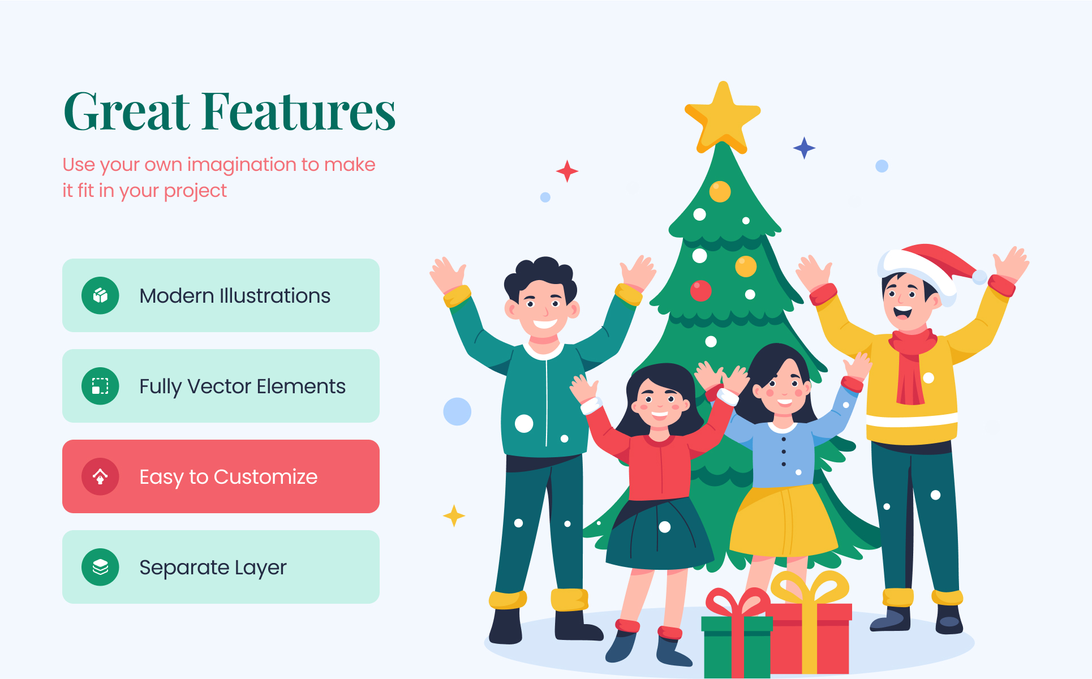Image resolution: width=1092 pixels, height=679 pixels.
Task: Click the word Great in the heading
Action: (x=127, y=111)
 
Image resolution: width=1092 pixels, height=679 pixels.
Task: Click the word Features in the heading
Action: (x=299, y=111)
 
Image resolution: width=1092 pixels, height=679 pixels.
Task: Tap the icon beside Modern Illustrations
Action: (x=100, y=295)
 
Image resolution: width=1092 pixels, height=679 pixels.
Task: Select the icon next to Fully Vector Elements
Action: (x=100, y=386)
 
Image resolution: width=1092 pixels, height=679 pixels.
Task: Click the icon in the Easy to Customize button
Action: (x=100, y=476)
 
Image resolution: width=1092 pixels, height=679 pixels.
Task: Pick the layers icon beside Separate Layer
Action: (x=100, y=567)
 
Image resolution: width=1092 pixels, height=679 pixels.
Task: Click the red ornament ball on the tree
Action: (x=700, y=291)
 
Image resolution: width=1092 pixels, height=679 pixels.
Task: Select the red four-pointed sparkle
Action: (x=567, y=171)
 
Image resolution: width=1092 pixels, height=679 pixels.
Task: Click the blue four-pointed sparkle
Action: (x=804, y=148)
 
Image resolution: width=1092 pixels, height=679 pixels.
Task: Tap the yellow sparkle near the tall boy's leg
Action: (x=454, y=515)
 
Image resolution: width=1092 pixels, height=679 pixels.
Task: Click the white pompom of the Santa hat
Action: (x=979, y=277)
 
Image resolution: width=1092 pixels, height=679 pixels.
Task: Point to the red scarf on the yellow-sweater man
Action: (x=911, y=365)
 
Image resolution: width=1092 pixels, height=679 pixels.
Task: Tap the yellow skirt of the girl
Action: (x=784, y=521)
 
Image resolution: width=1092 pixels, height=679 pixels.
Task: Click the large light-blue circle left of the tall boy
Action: (x=457, y=411)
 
